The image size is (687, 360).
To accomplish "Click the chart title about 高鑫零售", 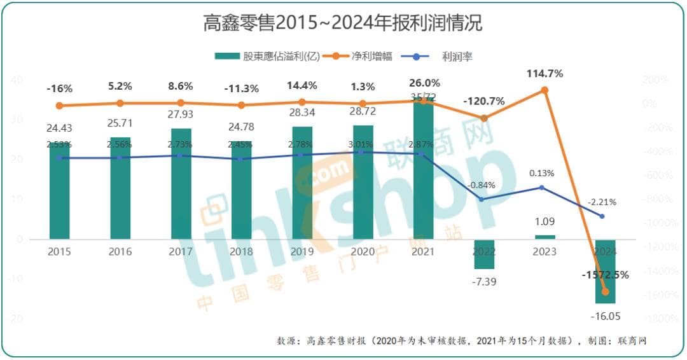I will [x=343, y=24].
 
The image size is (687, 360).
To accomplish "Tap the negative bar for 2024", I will [x=605, y=272].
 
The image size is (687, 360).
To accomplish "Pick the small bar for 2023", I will [x=545, y=237].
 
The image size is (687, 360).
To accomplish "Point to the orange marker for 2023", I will [x=545, y=90].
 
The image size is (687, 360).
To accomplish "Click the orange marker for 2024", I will [x=605, y=292].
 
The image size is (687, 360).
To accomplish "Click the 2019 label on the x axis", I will [x=302, y=252].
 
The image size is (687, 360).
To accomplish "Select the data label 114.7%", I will [x=545, y=74].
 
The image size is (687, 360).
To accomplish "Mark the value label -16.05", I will [x=605, y=315].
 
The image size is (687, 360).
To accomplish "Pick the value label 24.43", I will [x=59, y=128].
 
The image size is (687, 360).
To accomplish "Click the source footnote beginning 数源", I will [x=461, y=341].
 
